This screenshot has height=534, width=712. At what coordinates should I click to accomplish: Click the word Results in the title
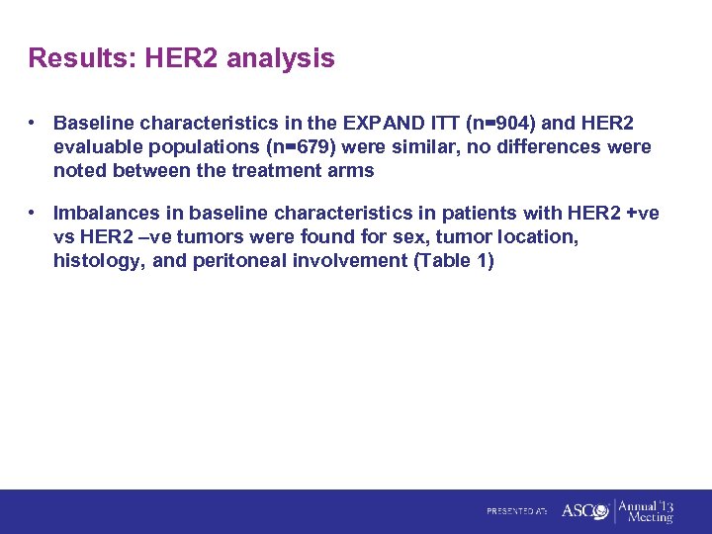82,58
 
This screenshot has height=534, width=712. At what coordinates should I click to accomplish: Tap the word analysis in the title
281,59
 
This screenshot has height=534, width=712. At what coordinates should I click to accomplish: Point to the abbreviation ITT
441,124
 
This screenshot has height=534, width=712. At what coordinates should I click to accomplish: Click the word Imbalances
110,213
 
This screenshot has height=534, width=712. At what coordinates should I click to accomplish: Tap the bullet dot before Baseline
34,124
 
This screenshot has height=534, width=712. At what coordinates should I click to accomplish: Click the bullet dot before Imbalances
34,213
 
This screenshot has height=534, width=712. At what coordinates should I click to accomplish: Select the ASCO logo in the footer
584,510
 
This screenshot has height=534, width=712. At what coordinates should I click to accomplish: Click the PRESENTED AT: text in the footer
516,511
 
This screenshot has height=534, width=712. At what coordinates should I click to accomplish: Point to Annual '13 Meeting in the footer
646,510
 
